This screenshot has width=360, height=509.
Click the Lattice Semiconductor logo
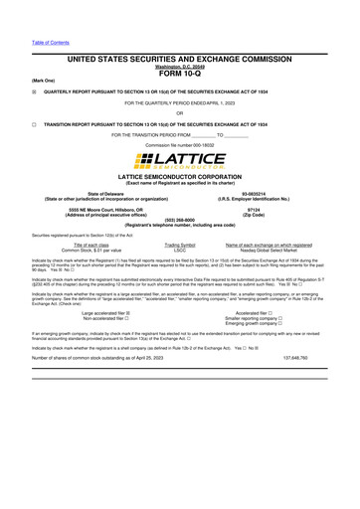coord(180,159)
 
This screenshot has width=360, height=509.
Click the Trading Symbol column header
coord(180,244)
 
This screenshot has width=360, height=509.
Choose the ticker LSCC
coord(180,249)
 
